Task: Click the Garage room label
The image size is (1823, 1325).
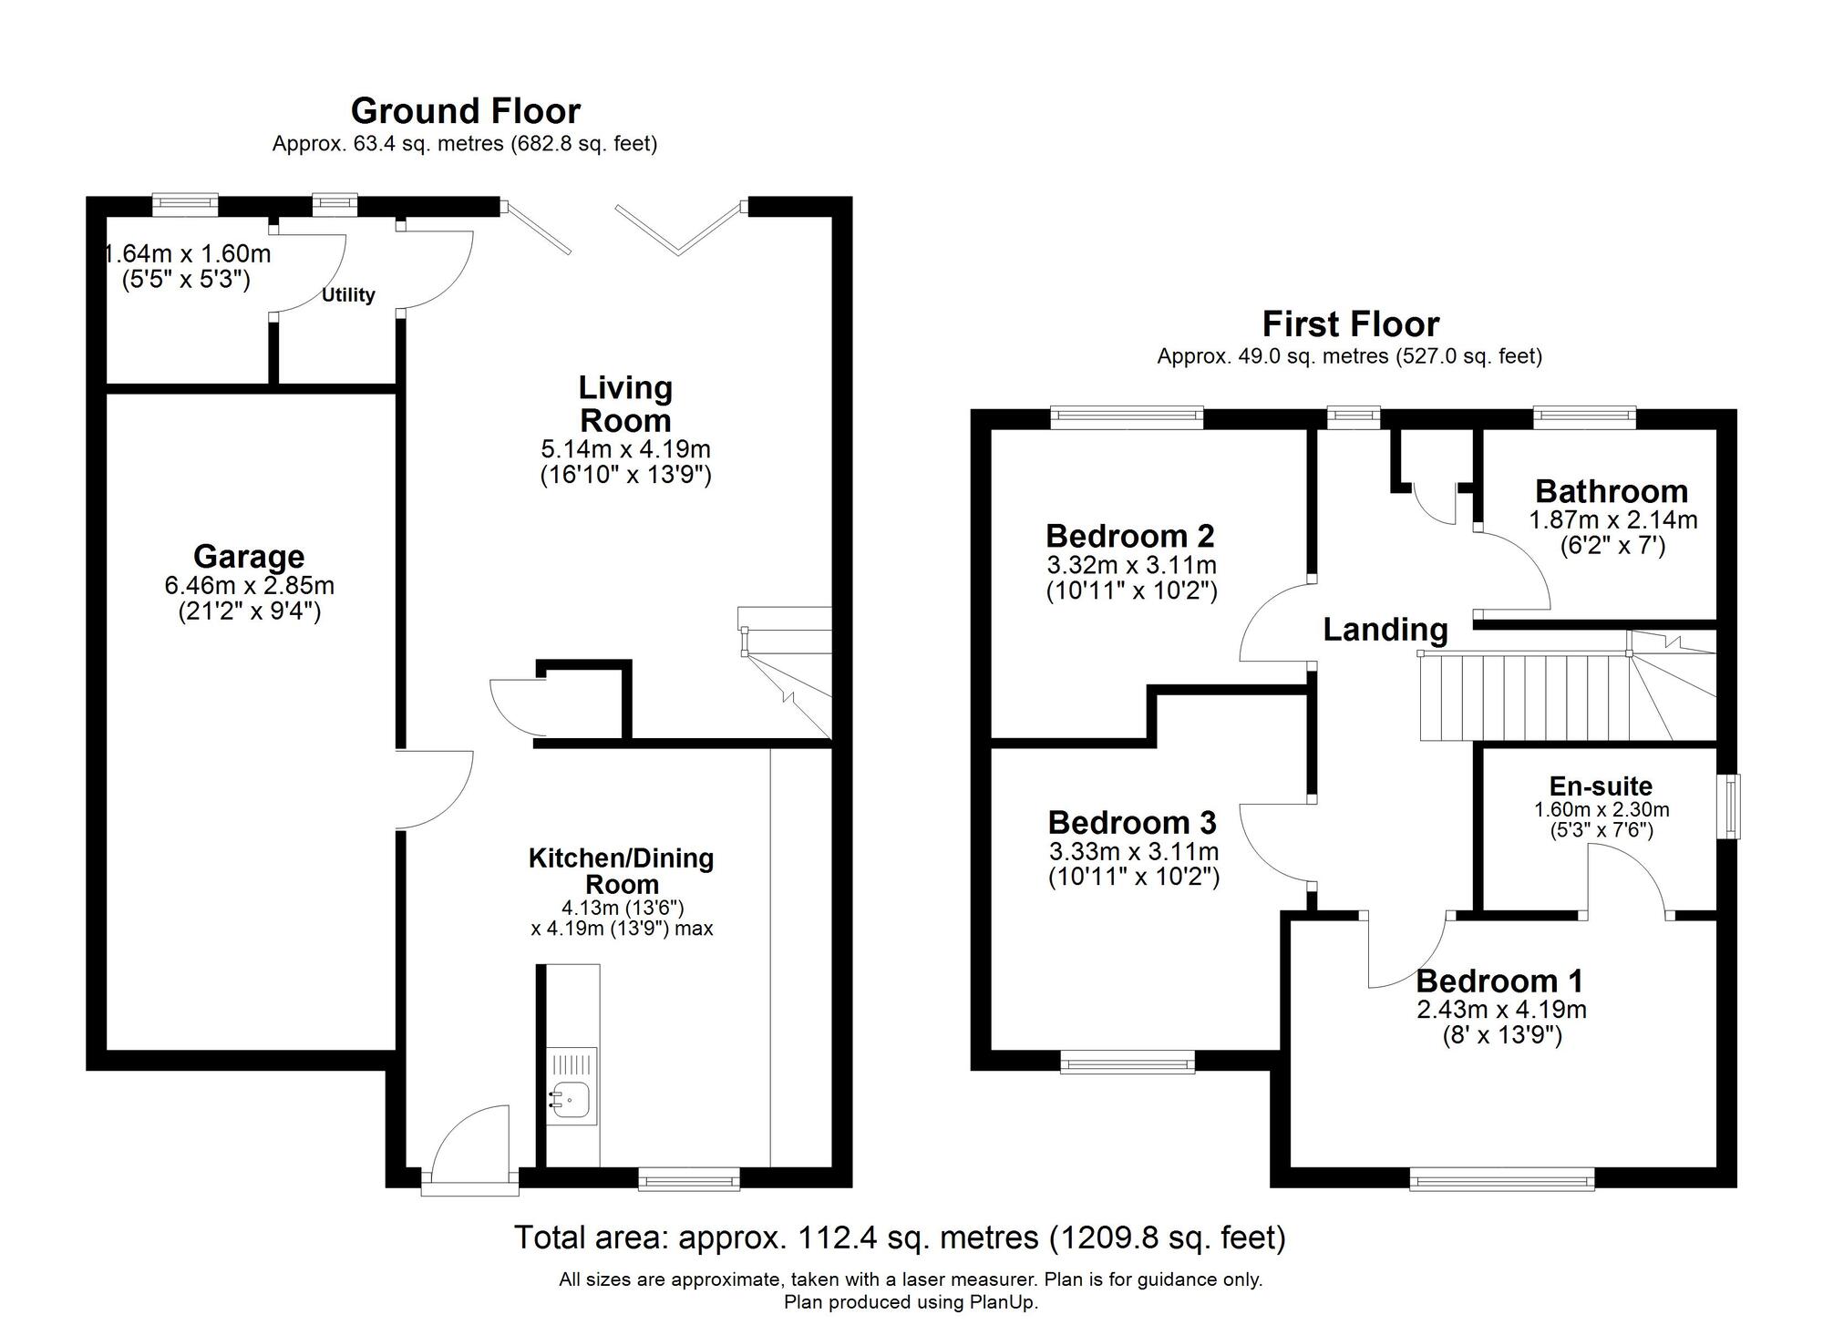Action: point(248,556)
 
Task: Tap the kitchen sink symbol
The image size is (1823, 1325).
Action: point(572,1100)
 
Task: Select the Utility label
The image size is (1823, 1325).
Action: point(348,295)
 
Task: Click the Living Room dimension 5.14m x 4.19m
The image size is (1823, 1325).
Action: point(625,449)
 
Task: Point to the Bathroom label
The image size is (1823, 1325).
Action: point(1612,491)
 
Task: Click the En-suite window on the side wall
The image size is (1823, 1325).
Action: point(1729,806)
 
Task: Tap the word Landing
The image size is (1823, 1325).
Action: point(1385,630)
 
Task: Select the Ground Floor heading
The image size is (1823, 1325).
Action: point(465,111)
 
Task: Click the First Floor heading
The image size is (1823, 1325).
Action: point(1350,324)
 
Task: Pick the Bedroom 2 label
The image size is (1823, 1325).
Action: point(1130,535)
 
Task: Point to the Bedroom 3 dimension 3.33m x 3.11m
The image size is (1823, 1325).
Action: point(1133,852)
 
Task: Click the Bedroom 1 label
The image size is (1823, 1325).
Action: point(1499,981)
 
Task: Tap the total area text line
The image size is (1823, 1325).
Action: point(899,1238)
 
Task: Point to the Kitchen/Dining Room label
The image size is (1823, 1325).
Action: point(622,870)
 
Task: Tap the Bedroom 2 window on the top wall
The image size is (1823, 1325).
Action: point(1127,418)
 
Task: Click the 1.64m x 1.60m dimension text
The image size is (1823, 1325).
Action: point(188,254)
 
